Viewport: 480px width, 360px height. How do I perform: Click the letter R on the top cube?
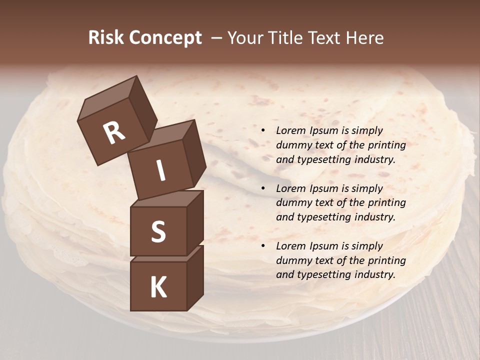click(x=114, y=132)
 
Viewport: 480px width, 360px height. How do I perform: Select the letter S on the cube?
click(x=158, y=232)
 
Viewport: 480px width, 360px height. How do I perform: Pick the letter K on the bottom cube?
click(x=158, y=287)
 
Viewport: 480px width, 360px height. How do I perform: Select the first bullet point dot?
click(x=262, y=130)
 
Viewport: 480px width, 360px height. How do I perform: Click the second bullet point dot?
click(x=262, y=188)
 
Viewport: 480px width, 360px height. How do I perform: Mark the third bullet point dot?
click(x=262, y=246)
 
